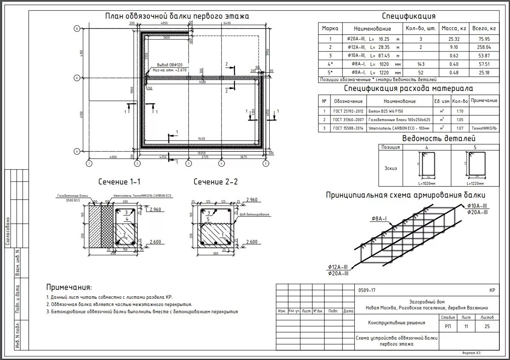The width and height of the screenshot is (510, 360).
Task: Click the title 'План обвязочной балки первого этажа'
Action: click(177, 16)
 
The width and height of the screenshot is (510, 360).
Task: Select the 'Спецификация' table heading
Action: click(408, 16)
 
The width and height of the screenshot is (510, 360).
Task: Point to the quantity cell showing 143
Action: click(421, 64)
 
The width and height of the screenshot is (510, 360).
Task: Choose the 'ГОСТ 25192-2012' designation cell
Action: click(348, 111)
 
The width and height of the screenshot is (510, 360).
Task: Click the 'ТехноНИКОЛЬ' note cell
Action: click(484, 128)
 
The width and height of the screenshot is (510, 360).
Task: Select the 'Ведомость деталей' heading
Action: click(439, 139)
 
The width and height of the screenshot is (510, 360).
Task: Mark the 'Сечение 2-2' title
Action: click(216, 182)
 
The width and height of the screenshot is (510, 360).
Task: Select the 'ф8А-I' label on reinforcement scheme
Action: click(379, 218)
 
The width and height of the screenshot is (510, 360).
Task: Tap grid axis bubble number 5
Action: click(266, 163)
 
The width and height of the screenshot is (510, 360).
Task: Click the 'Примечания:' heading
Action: click(69, 287)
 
